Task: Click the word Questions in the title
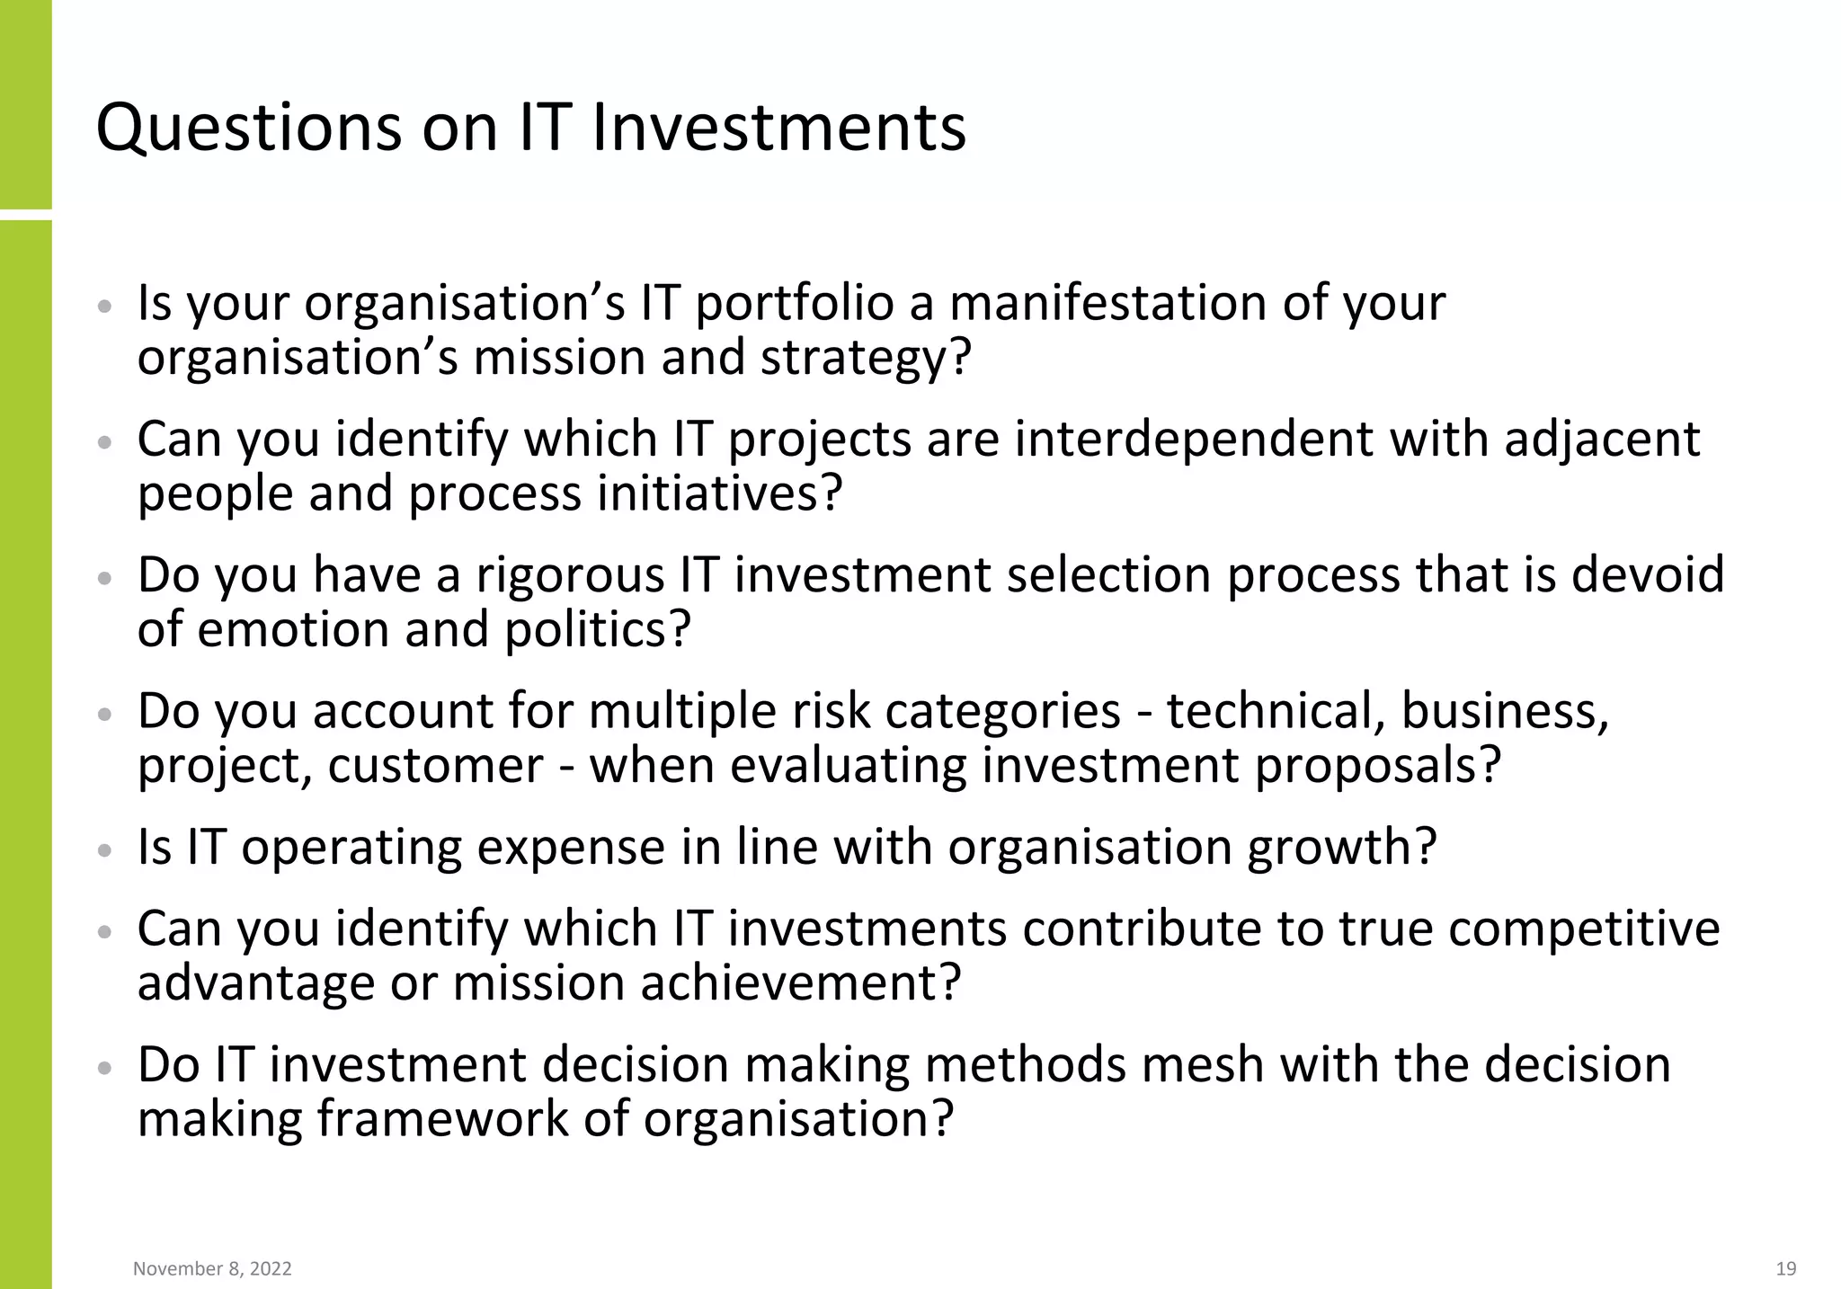[x=249, y=129]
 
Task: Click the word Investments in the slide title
[x=778, y=127]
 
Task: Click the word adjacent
[x=1602, y=440]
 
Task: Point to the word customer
[x=435, y=767]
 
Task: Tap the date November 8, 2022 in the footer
[x=212, y=1268]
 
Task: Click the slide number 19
[x=1786, y=1268]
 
